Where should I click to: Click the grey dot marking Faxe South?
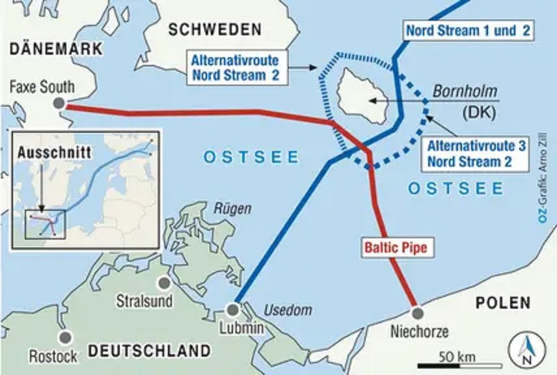[x=59, y=103]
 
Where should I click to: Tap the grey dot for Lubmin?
[x=233, y=309]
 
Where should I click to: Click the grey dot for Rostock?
[x=64, y=337]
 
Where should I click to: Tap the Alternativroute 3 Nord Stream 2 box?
[x=472, y=154]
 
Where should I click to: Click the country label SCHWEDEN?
[x=215, y=29]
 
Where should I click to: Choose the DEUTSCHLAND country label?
[x=150, y=351]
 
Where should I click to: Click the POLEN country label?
[x=503, y=303]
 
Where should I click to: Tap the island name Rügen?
[x=228, y=208]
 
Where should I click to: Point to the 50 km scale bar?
[x=459, y=364]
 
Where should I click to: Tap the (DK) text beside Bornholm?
[x=480, y=112]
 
